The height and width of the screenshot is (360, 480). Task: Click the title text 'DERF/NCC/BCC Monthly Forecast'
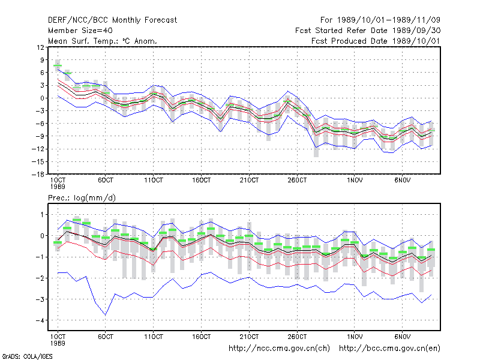[112, 20]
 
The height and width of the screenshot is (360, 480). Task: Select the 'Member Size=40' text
[80, 31]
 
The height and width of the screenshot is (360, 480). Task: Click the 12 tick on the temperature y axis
[40, 47]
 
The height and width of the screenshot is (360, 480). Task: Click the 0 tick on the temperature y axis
[42, 98]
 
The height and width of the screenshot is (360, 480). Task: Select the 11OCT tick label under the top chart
[154, 181]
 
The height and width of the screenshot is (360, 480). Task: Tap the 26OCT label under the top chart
[297, 181]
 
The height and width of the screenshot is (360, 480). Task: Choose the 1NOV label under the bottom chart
[355, 337]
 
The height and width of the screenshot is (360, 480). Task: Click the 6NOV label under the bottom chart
[402, 337]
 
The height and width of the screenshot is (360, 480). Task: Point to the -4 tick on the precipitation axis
[40, 320]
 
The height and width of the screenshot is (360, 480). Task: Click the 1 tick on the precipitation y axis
[42, 215]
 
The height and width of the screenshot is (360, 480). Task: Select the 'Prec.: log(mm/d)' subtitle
[82, 198]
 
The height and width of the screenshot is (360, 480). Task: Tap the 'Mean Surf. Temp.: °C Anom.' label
[103, 41]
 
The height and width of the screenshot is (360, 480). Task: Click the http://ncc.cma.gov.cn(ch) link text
[279, 349]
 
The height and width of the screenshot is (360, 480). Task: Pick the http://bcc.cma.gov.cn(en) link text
[389, 349]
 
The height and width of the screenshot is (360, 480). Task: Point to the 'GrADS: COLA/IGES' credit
[27, 356]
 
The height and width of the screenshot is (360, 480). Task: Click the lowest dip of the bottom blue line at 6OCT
[106, 314]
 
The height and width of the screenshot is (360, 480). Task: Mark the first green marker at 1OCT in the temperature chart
[58, 65]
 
